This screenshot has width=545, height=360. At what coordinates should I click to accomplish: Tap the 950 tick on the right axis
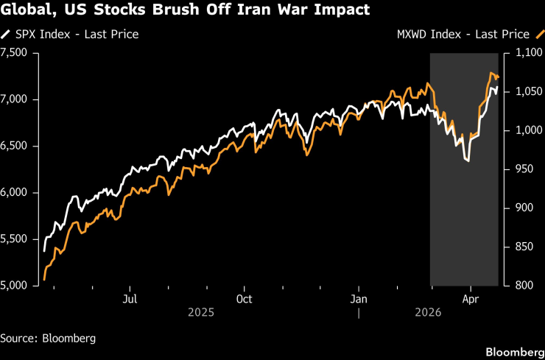(x=522, y=169)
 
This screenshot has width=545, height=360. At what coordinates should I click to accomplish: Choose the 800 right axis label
(x=522, y=286)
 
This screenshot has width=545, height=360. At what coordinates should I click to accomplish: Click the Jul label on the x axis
(x=130, y=299)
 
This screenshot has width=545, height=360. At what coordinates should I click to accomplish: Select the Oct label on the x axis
(x=244, y=299)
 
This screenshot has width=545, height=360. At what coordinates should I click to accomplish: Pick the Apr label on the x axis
(x=471, y=299)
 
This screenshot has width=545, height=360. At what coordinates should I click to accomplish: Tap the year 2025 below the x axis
(x=201, y=313)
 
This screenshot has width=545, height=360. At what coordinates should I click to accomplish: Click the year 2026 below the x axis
(x=427, y=313)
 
